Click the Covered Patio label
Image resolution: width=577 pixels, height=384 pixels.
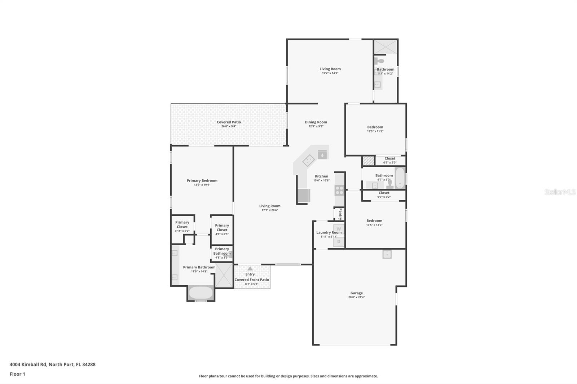pos(229,122)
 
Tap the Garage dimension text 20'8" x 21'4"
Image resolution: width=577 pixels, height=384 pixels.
pos(356,298)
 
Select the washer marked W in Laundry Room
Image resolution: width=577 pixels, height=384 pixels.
pos(339,229)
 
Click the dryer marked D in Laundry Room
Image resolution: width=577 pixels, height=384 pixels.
pos(339,242)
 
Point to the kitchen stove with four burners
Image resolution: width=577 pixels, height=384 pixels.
pos(339,190)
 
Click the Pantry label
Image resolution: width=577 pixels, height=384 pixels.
pos(340,214)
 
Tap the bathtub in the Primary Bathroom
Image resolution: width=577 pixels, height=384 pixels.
pos(201,293)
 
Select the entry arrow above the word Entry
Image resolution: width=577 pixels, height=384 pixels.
pos(250,269)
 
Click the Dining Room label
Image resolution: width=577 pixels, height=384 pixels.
pos(316,122)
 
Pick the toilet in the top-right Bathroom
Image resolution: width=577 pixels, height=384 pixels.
pos(379,61)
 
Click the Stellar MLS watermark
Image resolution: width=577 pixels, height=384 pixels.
pos(560,192)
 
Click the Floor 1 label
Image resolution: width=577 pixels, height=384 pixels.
pos(17,374)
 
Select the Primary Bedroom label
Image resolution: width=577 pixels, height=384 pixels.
pos(202,180)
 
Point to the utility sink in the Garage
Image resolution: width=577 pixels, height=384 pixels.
pos(387,254)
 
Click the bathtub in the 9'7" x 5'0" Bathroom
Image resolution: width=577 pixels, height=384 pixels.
pos(400,178)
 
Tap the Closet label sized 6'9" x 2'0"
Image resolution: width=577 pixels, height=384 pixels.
pos(390,158)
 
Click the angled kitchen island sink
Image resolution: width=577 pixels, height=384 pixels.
pos(308,160)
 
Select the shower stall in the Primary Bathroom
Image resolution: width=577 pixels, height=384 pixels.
pos(224,275)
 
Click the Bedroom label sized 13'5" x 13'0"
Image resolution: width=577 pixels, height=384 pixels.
pos(374,220)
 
